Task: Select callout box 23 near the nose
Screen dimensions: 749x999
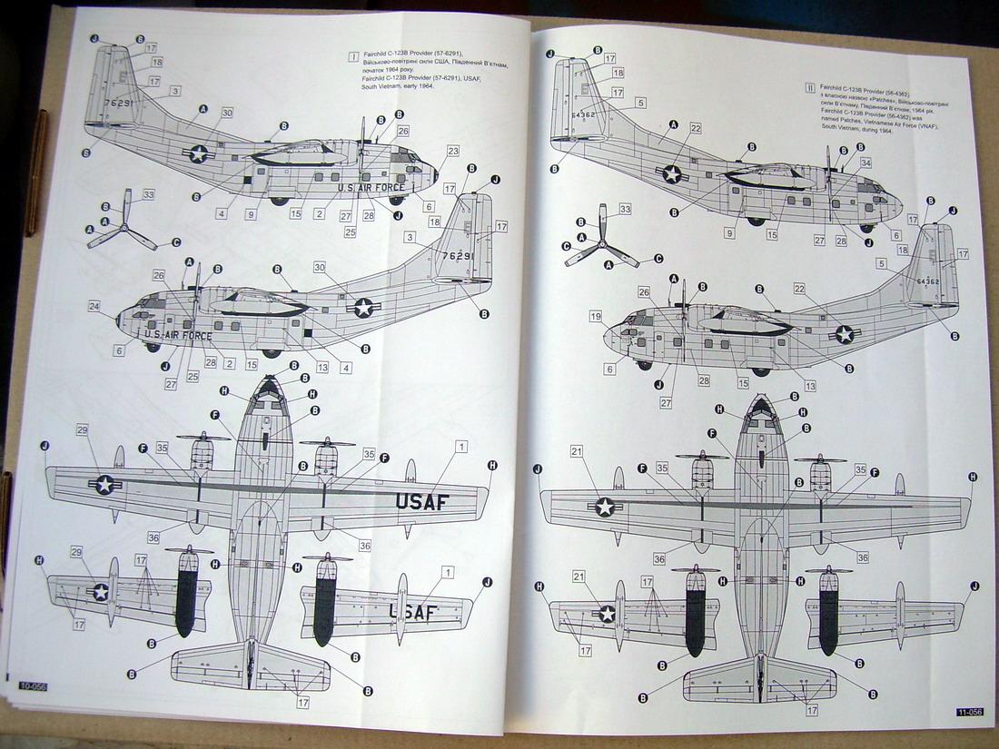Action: click(x=452, y=150)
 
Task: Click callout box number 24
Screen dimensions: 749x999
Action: click(x=94, y=306)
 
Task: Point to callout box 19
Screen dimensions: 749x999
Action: click(x=596, y=317)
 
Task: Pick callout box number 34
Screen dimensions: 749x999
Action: click(x=865, y=163)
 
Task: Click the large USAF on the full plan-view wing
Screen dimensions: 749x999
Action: click(x=421, y=500)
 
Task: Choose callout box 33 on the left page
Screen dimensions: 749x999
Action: click(x=149, y=193)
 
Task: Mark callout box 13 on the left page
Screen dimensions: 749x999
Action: click(x=323, y=368)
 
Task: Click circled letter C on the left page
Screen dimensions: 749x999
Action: click(x=175, y=242)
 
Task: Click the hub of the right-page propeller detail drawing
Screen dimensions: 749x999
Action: click(x=600, y=244)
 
